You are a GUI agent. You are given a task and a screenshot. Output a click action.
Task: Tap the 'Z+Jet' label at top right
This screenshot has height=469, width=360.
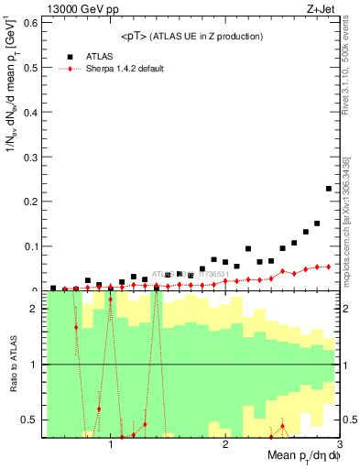pyautogui.click(x=322, y=10)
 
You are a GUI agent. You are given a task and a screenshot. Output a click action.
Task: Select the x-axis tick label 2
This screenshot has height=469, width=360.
pyautogui.click(x=225, y=444)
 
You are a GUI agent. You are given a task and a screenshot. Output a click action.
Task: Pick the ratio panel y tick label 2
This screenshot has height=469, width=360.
pyautogui.click(x=34, y=309)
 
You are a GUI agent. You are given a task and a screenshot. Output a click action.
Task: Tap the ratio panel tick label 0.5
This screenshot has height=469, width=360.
pyautogui.click(x=30, y=420)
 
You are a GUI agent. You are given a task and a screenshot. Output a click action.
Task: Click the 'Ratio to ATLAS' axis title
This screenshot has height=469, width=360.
pyautogui.click(x=12, y=364)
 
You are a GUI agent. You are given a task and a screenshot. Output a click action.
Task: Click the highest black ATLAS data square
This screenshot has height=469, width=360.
pyautogui.click(x=329, y=189)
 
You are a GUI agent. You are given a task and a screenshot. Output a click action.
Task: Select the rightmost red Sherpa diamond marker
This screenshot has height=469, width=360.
pyautogui.click(x=329, y=267)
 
